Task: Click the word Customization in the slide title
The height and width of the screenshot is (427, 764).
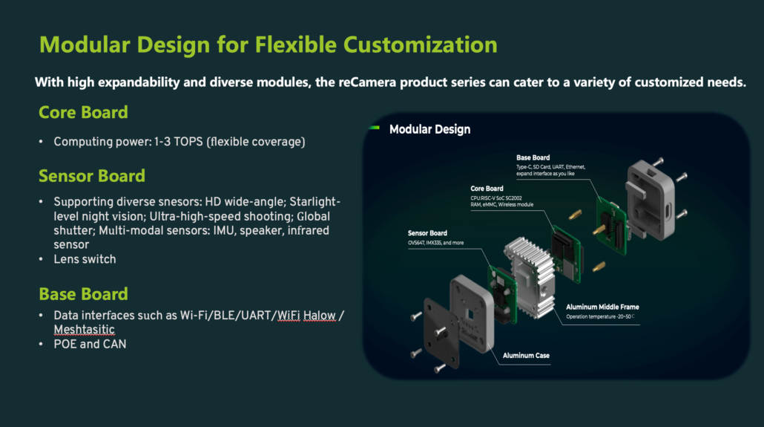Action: pyautogui.click(x=420, y=45)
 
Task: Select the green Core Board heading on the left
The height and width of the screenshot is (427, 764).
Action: pyautogui.click(x=83, y=112)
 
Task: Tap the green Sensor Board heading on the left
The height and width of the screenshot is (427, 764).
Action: pyautogui.click(x=92, y=176)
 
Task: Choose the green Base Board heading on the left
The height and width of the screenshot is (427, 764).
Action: pyautogui.click(x=83, y=294)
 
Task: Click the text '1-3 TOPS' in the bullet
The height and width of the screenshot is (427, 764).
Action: pyautogui.click(x=178, y=142)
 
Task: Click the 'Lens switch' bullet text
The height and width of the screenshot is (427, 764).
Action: pyautogui.click(x=85, y=259)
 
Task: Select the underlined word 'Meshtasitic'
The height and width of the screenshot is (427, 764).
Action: pyautogui.click(x=85, y=330)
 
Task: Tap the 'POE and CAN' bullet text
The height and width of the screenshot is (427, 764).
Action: pyautogui.click(x=90, y=344)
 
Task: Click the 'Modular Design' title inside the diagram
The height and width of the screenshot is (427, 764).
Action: pyautogui.click(x=429, y=129)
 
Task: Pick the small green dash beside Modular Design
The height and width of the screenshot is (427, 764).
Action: pyautogui.click(x=374, y=128)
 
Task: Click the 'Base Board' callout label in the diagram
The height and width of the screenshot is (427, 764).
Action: pyautogui.click(x=533, y=157)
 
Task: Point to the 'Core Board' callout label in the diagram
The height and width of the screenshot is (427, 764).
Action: pyautogui.click(x=487, y=189)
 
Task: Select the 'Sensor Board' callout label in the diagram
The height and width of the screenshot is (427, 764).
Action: pyautogui.click(x=427, y=232)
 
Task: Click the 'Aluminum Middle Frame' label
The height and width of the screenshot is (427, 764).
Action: pyautogui.click(x=602, y=307)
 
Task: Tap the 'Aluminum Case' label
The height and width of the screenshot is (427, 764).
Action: pyautogui.click(x=526, y=356)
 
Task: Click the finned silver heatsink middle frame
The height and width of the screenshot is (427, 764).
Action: pyautogui.click(x=529, y=276)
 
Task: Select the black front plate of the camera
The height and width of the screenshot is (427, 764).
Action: pyautogui.click(x=441, y=333)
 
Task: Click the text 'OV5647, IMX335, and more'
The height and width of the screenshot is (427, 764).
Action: pyautogui.click(x=435, y=243)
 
